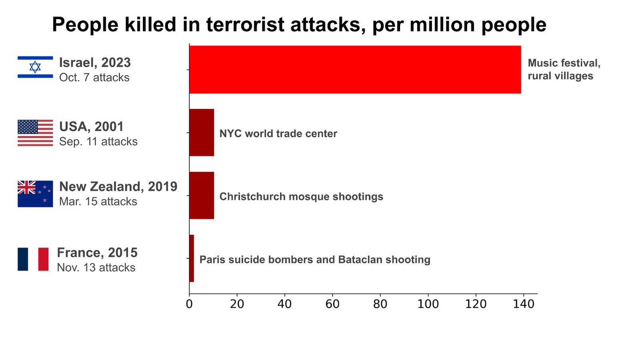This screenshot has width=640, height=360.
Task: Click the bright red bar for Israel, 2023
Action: (x=355, y=69)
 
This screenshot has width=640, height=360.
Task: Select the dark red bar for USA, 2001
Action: (x=202, y=132)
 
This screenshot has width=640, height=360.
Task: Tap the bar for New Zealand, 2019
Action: (x=202, y=195)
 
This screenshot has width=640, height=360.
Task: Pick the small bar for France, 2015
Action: (x=191, y=258)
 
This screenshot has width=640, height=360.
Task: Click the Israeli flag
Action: (x=35, y=67)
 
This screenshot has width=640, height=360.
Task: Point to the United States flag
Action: (x=35, y=133)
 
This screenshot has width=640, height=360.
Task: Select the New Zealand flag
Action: (x=35, y=194)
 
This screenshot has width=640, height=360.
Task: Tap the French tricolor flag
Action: (x=33, y=259)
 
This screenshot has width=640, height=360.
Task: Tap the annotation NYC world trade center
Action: (x=278, y=133)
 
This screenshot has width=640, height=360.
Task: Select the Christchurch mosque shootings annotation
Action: (x=301, y=196)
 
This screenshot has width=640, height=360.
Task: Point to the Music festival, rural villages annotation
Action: (x=564, y=69)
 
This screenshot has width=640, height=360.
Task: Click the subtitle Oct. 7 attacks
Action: (x=94, y=77)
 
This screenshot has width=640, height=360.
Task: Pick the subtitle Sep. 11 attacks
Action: (x=98, y=142)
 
